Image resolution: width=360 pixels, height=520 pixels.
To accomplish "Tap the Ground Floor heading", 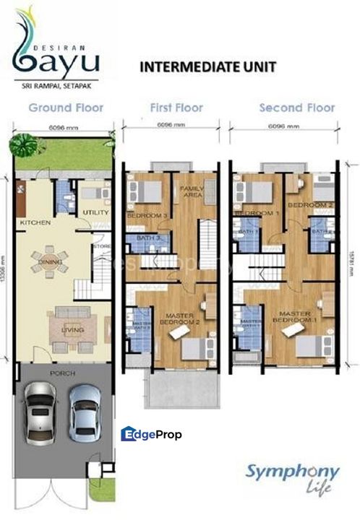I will [66, 108].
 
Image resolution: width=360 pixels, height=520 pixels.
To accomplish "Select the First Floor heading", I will [177, 108].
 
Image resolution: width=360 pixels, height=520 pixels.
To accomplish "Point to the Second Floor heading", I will [297, 108].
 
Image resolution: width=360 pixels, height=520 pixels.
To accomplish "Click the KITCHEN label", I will [35, 222].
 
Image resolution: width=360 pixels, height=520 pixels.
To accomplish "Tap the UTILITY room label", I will [95, 212].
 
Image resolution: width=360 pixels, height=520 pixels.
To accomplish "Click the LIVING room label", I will [72, 331].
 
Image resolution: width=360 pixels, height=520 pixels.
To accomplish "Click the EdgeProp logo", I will [151, 434].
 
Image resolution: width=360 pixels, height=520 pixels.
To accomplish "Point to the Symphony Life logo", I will [292, 477].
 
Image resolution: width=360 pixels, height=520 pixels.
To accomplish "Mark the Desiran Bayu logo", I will [55, 51].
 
